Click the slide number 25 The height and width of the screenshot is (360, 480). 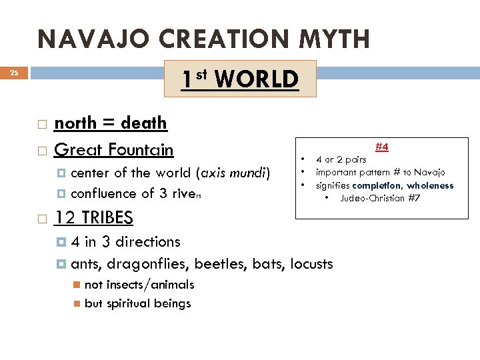pyautogui.click(x=14, y=73)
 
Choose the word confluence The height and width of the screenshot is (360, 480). pyautogui.click(x=103, y=194)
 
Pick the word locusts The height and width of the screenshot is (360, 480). pyautogui.click(x=311, y=264)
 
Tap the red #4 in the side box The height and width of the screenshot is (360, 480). pyautogui.click(x=382, y=146)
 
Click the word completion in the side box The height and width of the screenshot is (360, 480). pyautogui.click(x=377, y=186)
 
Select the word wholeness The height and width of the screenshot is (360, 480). pyautogui.click(x=430, y=186)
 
